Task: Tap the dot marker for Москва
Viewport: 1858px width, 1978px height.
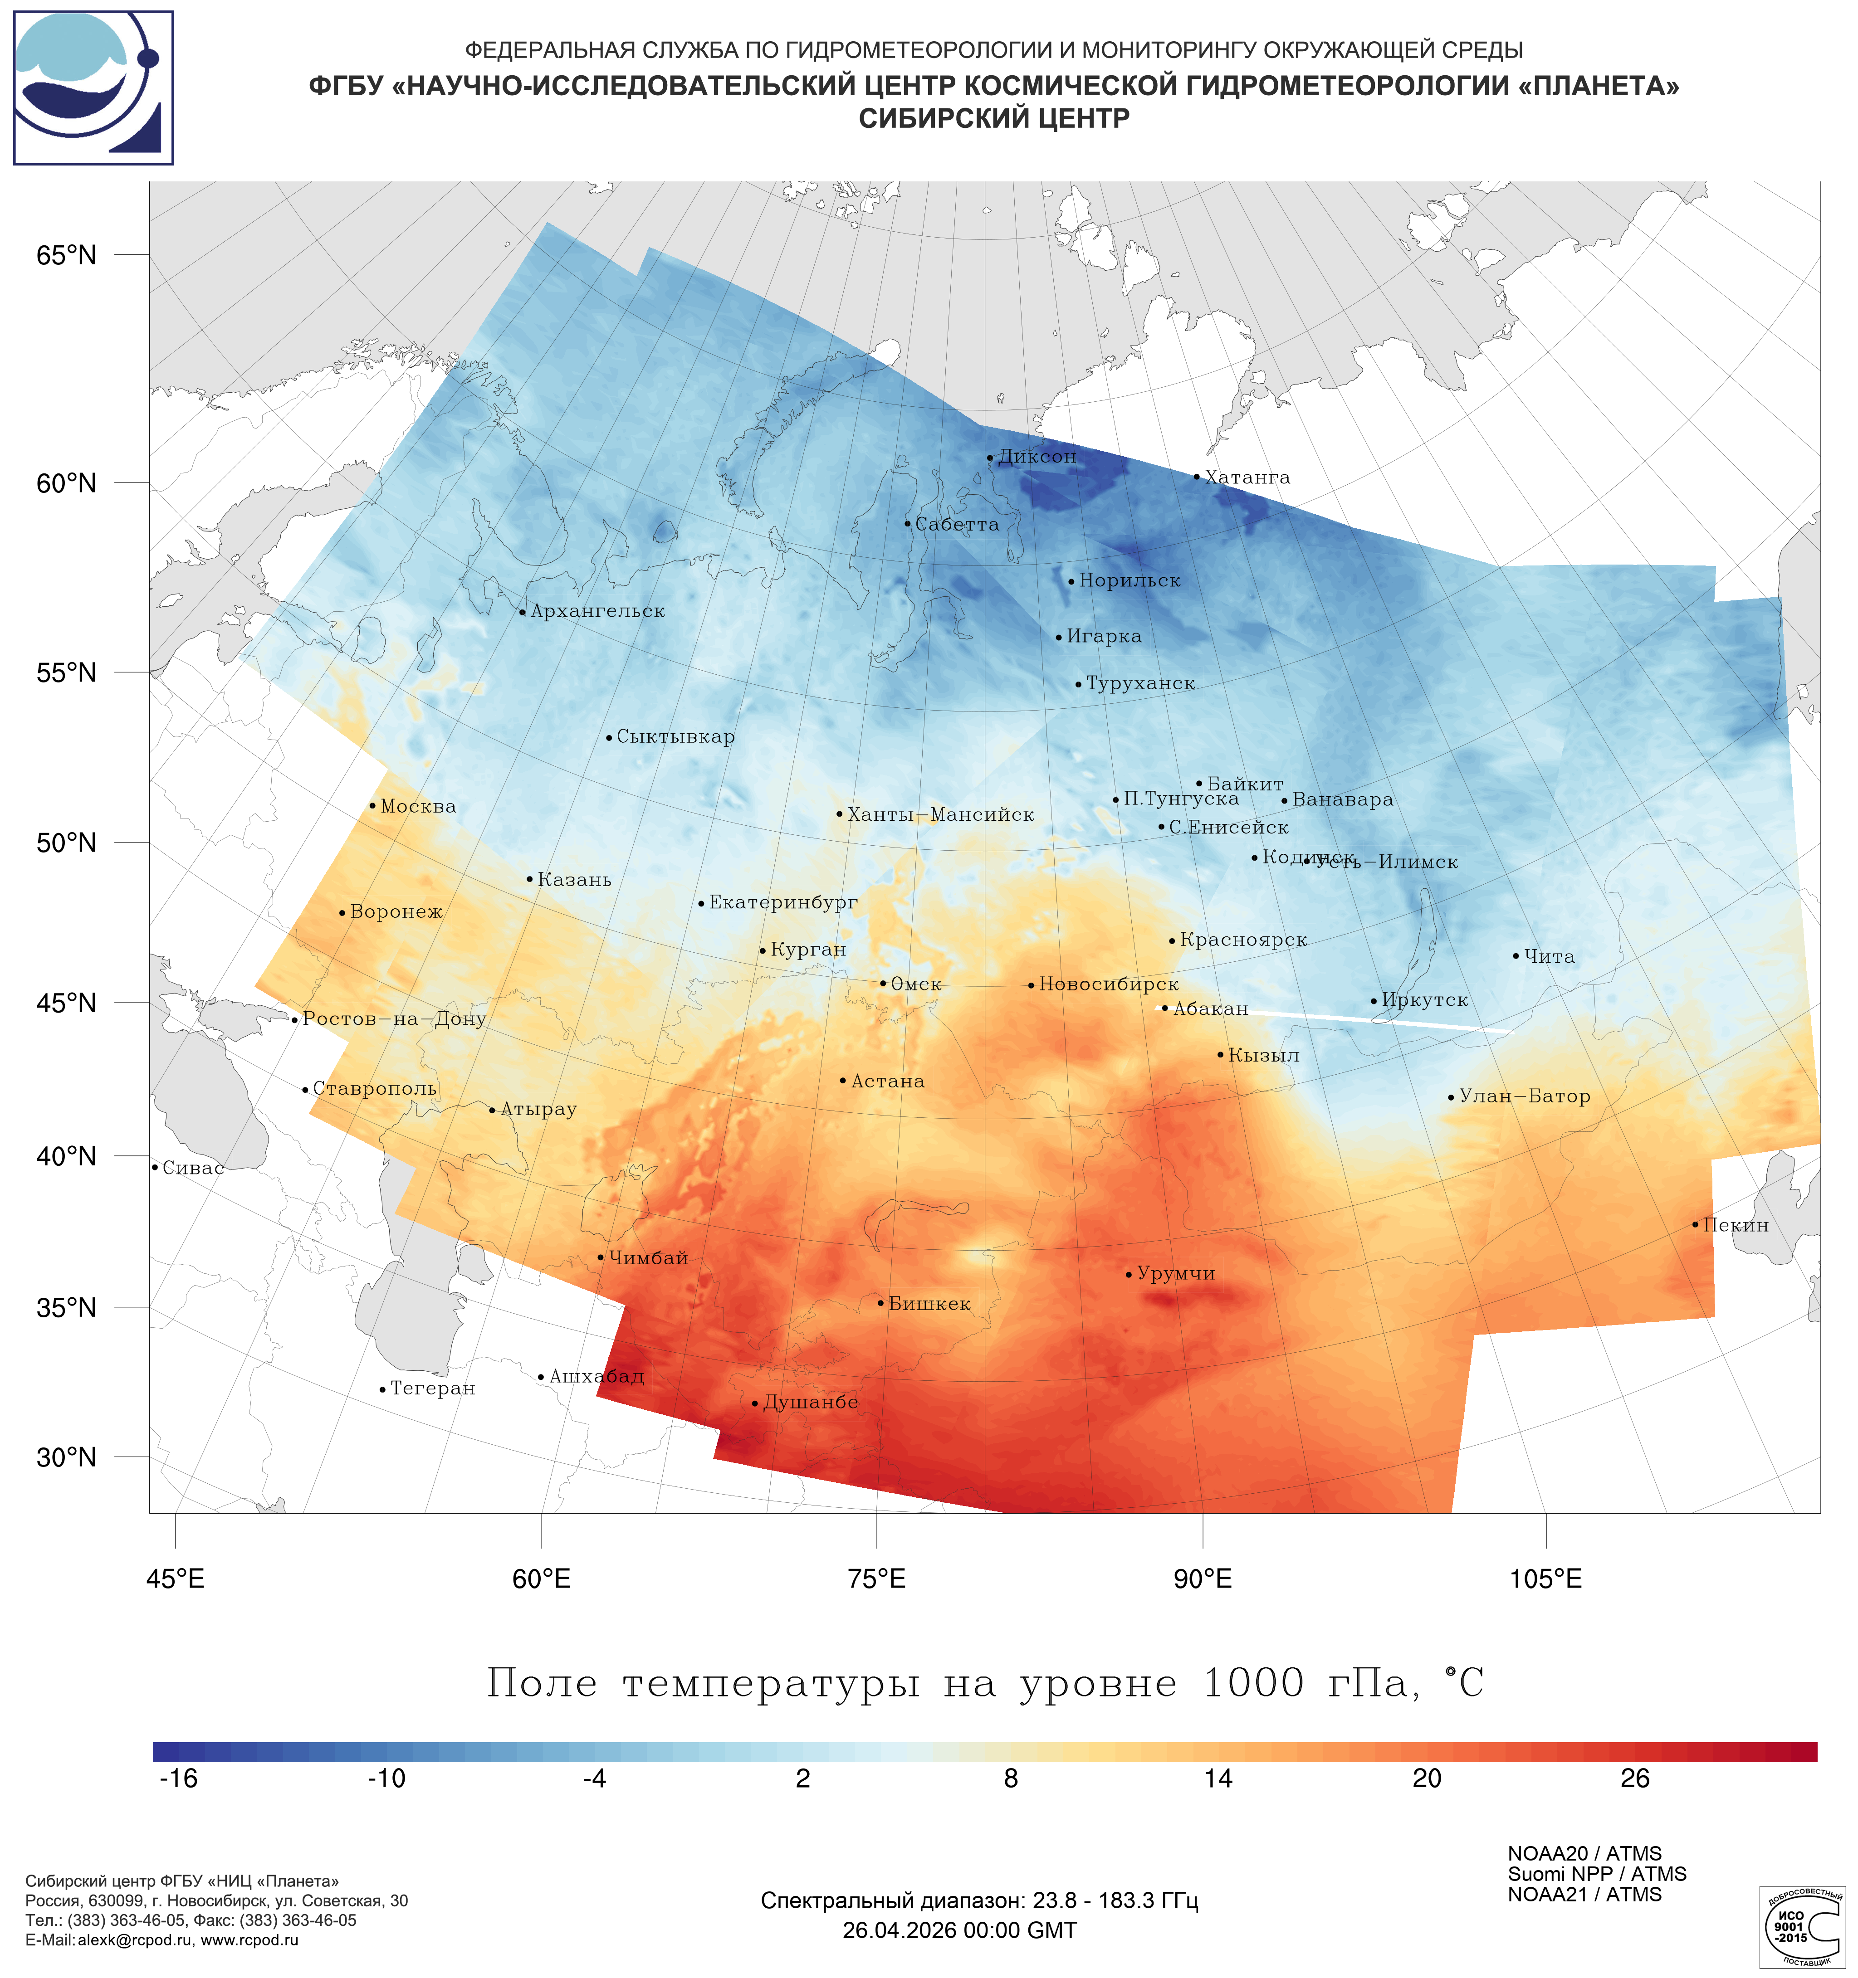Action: point(372,806)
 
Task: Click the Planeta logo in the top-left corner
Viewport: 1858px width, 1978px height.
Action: point(93,88)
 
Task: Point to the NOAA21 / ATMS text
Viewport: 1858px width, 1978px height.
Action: point(1584,1895)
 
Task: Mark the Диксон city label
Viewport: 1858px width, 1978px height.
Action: point(1037,457)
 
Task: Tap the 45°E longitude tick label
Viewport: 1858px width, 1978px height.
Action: point(175,1579)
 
